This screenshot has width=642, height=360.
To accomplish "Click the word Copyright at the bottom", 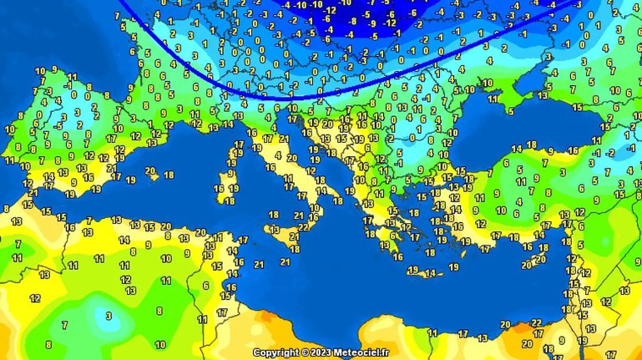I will tap(276, 352).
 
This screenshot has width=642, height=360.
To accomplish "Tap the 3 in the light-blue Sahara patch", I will tap(108, 316).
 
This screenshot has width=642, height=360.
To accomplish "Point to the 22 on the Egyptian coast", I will tap(536, 322).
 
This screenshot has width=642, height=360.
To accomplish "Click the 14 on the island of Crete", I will tap(430, 273).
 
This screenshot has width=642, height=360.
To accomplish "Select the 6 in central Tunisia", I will tap(205, 286).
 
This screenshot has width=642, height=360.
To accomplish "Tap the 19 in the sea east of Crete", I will tap(453, 266).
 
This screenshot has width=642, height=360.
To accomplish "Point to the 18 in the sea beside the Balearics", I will tap(169, 175).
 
